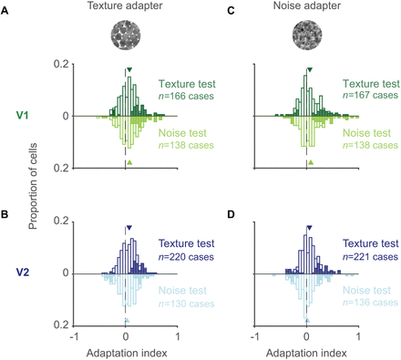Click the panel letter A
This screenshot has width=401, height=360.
tap(5, 11)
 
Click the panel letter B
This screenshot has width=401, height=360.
tap(5, 214)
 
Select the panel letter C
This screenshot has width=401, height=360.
tap(231, 11)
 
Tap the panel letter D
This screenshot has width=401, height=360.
tap(231, 214)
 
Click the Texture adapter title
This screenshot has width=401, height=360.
tap(125, 5)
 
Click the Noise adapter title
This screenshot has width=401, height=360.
tap(307, 5)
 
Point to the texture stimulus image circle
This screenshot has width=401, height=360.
tap(126, 35)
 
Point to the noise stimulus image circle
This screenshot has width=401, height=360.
tap(307, 35)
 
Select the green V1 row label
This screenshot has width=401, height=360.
tap(23, 116)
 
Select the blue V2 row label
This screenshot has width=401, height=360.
tap(23, 273)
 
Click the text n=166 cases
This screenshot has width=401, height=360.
tap(186, 96)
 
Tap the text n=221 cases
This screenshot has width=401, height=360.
tap(370, 257)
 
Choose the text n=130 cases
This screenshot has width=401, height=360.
tap(186, 303)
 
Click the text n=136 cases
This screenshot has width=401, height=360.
tap(370, 303)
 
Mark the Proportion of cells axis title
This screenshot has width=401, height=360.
tap(33, 186)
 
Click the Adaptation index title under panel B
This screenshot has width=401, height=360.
tap(127, 353)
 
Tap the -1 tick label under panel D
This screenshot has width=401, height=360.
tap(255, 336)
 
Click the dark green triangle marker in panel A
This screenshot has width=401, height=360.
tap(129, 70)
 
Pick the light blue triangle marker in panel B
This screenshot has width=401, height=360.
tap(128, 320)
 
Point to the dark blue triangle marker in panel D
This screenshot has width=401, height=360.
tap(309, 228)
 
